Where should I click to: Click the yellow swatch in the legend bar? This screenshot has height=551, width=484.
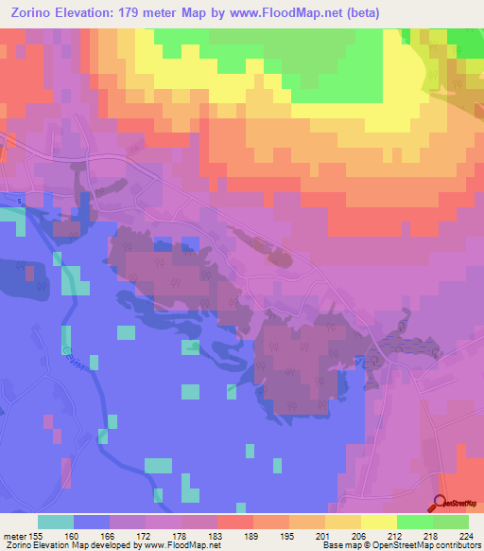click(378, 522)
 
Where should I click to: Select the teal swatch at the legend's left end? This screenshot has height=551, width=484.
click(56, 522)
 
